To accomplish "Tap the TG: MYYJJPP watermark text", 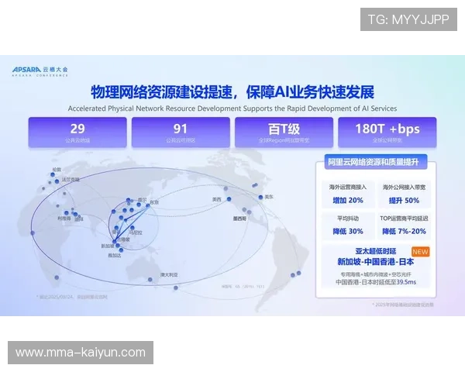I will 408,19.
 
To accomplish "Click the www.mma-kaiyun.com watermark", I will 80,353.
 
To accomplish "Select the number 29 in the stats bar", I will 77,129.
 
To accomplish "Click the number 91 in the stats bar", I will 181,129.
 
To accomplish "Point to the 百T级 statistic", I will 284,129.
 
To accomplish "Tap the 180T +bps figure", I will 387,129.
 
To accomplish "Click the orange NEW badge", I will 420,252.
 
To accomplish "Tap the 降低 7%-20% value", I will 405,231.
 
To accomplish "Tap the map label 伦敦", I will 56,169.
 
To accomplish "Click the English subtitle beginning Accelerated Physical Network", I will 232,108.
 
